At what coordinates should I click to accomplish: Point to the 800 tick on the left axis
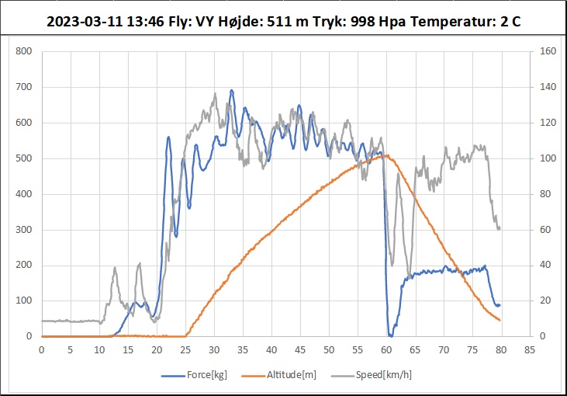[24, 52]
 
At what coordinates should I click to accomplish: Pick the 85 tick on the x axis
[530, 349]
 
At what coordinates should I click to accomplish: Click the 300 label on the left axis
[24, 230]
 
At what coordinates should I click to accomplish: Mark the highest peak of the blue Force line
[231, 90]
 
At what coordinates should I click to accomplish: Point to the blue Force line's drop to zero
[390, 335]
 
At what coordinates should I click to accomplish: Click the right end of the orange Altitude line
[500, 320]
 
